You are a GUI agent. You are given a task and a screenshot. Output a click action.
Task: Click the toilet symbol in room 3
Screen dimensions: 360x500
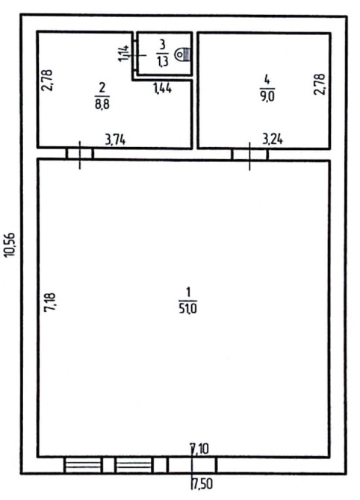tap(183, 54)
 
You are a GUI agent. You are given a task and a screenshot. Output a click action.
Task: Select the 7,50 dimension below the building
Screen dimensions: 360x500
tap(202, 484)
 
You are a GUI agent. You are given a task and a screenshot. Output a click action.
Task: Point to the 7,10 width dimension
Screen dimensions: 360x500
tap(199, 449)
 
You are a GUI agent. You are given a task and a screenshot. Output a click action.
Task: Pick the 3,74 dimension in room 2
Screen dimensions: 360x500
tap(115, 140)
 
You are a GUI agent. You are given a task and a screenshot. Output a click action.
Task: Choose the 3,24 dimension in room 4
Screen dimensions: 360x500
tap(272, 140)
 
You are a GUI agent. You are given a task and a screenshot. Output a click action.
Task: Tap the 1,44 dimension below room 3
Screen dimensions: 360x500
tap(163, 88)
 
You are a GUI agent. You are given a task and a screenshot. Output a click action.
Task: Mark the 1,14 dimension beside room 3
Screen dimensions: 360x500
tap(124, 53)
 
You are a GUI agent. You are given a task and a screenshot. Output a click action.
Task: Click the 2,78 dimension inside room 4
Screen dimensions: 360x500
tap(320, 84)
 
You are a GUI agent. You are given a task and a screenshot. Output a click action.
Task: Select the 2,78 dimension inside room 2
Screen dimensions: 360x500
tap(47, 81)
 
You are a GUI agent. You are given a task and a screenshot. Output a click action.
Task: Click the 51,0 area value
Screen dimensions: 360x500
tap(187, 309)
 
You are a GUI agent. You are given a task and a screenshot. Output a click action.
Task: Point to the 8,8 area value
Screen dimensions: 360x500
tap(102, 104)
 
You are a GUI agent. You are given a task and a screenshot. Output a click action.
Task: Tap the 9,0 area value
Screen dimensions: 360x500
tap(267, 96)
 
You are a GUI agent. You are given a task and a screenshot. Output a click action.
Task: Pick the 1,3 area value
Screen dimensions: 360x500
tap(162, 60)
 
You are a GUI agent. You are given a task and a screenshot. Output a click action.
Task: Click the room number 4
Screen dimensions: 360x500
tap(267, 79)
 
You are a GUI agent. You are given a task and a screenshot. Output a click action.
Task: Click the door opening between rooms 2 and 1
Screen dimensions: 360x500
tap(80, 154)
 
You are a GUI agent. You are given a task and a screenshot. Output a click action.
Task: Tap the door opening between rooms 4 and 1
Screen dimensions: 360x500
tap(249, 154)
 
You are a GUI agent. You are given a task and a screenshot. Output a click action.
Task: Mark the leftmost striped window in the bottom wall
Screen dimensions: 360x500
tap(83, 464)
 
